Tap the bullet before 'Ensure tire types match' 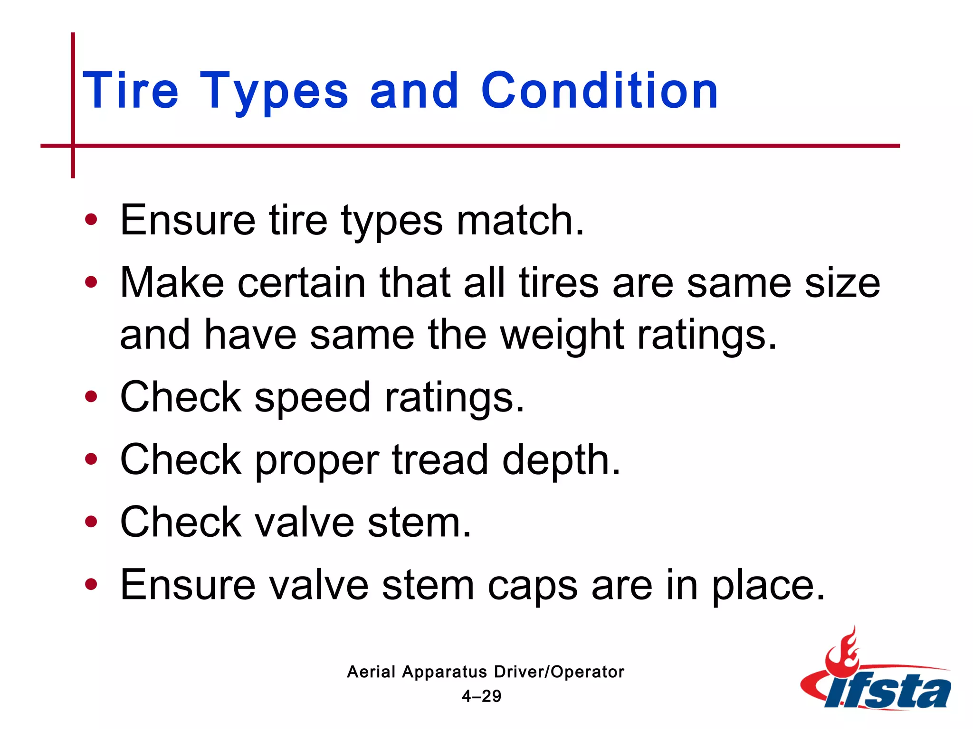91,220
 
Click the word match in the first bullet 520,220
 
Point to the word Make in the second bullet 172,283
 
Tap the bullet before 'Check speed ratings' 91,397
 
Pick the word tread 440,459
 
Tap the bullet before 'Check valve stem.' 91,522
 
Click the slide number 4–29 481,696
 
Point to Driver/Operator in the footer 559,672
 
